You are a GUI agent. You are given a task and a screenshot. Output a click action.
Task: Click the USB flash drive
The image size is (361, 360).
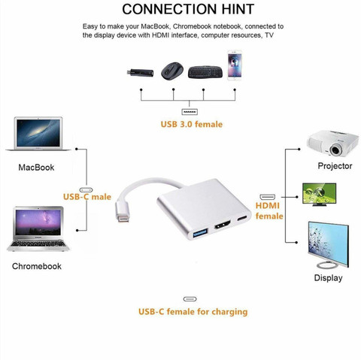pyautogui.click(x=140, y=73)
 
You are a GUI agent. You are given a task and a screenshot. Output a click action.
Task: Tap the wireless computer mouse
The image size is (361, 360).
pyautogui.click(x=172, y=71)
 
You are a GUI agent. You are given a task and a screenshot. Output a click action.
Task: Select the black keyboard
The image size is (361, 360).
pyautogui.click(x=205, y=72)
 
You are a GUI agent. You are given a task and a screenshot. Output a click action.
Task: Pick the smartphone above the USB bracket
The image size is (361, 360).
pyautogui.click(x=235, y=65)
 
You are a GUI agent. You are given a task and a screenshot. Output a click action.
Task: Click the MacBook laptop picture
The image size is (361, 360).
pyautogui.click(x=38, y=134)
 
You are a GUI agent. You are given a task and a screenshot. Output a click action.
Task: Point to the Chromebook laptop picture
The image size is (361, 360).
pyautogui.click(x=38, y=228)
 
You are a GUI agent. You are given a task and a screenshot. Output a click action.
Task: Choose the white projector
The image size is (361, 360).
pyautogui.click(x=333, y=144)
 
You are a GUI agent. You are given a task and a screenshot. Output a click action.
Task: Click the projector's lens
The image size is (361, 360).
pyautogui.click(x=335, y=150)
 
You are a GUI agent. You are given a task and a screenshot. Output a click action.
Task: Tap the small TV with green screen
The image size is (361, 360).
pyautogui.click(x=319, y=195)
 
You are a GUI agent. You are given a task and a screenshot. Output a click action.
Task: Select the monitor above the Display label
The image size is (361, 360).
pyautogui.click(x=328, y=245)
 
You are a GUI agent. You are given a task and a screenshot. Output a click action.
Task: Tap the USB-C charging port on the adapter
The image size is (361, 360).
pyautogui.click(x=244, y=218)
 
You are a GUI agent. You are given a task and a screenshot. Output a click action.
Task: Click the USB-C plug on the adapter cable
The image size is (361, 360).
pyautogui.click(x=123, y=211)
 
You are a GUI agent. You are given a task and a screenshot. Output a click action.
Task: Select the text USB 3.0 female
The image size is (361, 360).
pyautogui.click(x=192, y=124)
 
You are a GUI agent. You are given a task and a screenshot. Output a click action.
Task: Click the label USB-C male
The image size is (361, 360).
pyautogui.click(x=87, y=197)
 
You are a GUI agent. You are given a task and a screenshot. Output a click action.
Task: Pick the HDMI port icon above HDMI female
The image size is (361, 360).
pyautogui.click(x=268, y=197)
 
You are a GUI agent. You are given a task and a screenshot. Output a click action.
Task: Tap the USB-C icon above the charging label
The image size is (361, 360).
pyautogui.click(x=190, y=299)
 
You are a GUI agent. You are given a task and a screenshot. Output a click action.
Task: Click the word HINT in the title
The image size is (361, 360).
pyautogui.click(x=238, y=9)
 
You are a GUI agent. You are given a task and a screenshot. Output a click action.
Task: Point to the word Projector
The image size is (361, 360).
pyautogui.click(x=335, y=166)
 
